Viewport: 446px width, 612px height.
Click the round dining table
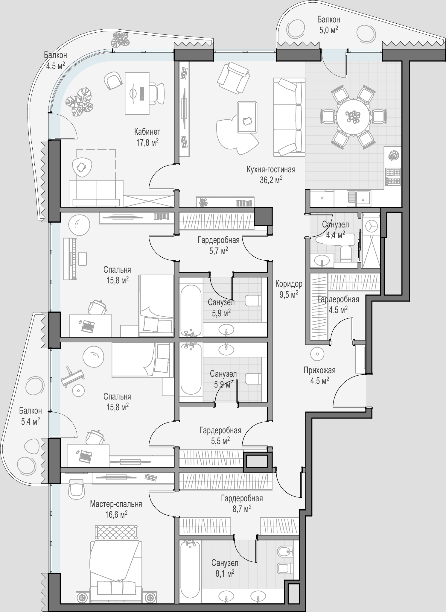353,116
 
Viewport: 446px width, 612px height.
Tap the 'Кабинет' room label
147,132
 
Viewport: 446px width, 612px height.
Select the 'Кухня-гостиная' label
271,170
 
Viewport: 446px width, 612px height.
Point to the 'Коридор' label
289,284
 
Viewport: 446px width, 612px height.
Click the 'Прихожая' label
319,370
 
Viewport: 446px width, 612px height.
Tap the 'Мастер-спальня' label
116,504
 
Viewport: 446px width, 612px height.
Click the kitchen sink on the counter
359,198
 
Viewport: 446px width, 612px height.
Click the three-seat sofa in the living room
289,117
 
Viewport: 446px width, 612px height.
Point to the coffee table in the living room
247,117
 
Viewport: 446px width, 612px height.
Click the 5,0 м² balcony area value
328,30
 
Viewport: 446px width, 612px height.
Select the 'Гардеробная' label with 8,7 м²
242,498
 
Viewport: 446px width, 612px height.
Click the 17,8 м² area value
147,142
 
